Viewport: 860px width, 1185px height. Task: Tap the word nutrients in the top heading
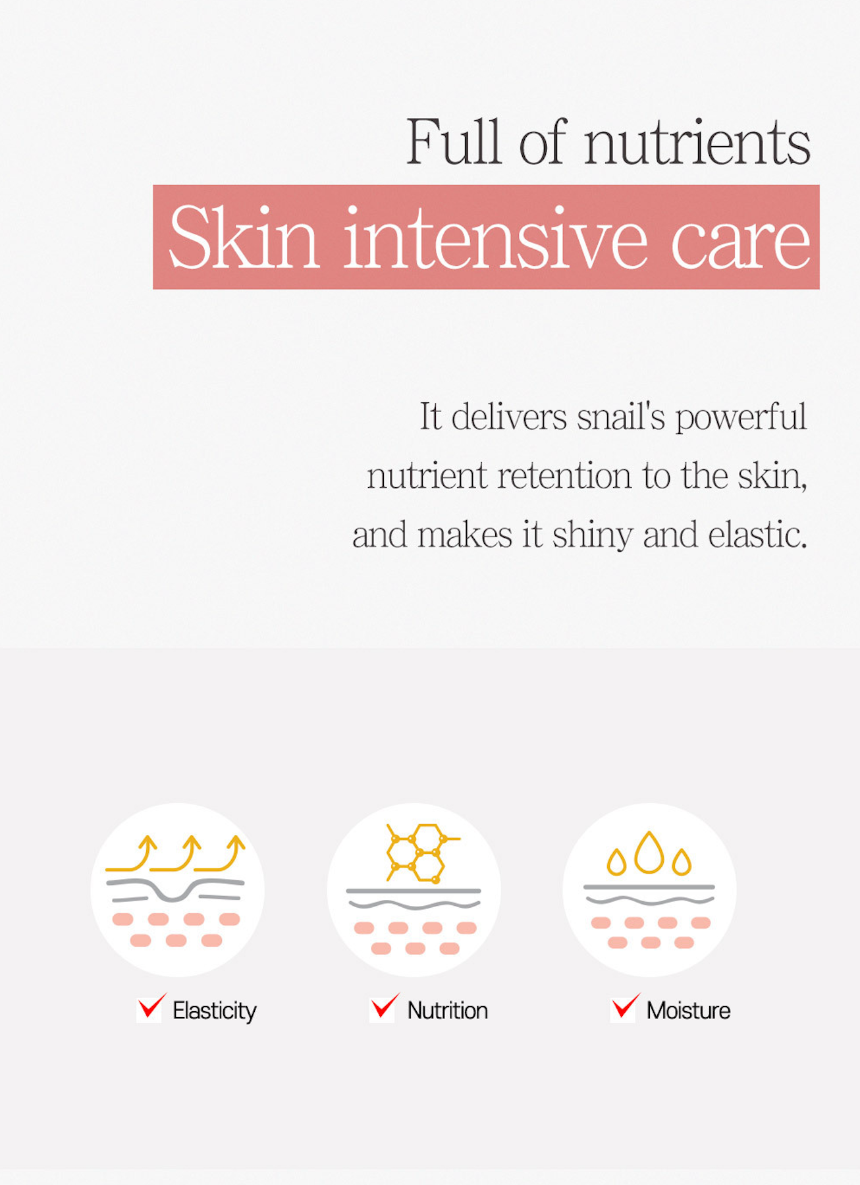click(x=697, y=143)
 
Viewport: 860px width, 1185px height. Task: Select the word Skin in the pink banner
click(x=244, y=237)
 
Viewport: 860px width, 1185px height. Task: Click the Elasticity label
click(x=215, y=1011)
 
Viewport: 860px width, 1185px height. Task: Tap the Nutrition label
click(x=448, y=1011)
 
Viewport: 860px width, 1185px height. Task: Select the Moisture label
click(x=689, y=1011)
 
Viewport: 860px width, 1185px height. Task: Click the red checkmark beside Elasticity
click(x=151, y=1007)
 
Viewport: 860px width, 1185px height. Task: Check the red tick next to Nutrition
click(x=385, y=1007)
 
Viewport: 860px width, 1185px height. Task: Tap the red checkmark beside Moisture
click(x=625, y=1007)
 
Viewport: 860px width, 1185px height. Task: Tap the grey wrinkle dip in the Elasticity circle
click(x=175, y=894)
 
